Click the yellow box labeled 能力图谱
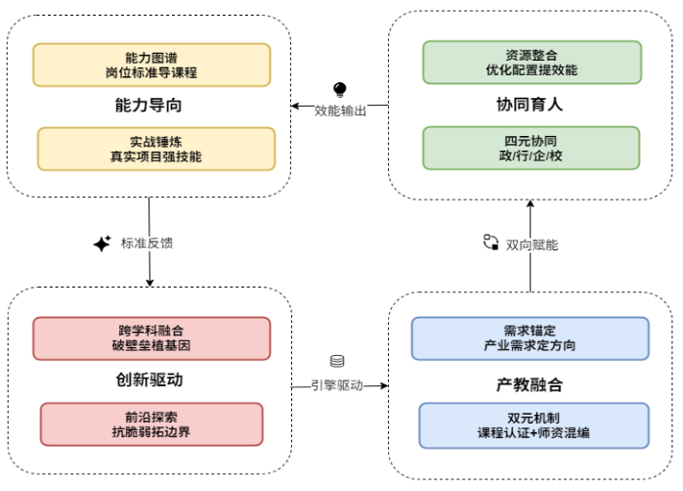[151, 64]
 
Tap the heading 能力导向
[149, 106]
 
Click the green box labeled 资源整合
[532, 62]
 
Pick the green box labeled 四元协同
[532, 148]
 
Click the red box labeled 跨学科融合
[151, 337]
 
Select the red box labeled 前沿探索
[151, 422]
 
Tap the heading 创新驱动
[149, 379]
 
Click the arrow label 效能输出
[341, 111]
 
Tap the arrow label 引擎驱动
[337, 385]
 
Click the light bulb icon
[340, 89]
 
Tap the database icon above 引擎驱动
[337, 362]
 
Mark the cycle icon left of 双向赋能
[491, 243]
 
